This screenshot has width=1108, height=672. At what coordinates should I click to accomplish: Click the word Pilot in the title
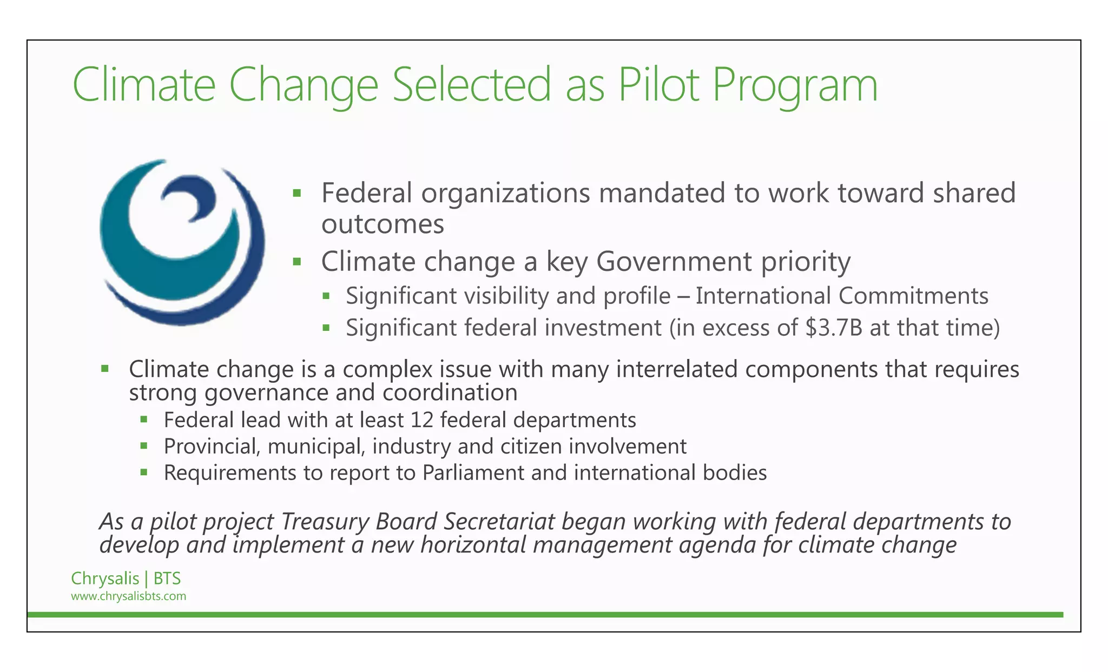(x=658, y=84)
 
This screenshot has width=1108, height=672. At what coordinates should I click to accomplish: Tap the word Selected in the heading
(x=471, y=84)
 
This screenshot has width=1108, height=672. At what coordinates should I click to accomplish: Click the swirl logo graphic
(x=182, y=242)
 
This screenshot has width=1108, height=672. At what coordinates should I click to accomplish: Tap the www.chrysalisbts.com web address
(x=128, y=596)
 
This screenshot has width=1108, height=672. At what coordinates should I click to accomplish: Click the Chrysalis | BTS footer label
(x=126, y=578)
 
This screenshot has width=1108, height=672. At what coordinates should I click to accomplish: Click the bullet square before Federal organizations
(x=296, y=193)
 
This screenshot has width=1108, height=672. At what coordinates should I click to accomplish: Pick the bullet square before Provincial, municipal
(x=144, y=446)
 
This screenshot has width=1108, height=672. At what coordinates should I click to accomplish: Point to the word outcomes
(x=382, y=224)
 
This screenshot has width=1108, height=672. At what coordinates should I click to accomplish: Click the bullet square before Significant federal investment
(x=326, y=328)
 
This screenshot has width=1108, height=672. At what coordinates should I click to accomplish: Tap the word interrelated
(x=676, y=370)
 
